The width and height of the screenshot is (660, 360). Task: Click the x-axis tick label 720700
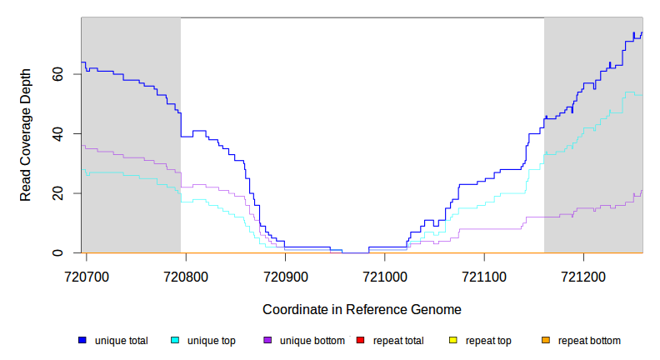tap(86, 273)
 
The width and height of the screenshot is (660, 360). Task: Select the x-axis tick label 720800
tap(186, 273)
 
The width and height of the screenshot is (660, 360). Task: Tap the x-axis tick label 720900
tap(285, 273)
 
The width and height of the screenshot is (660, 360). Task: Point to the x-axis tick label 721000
tap(385, 273)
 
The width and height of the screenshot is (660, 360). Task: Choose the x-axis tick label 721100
tap(484, 273)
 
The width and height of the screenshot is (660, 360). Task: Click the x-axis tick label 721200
tap(583, 273)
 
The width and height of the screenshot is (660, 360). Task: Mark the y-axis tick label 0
tap(57, 253)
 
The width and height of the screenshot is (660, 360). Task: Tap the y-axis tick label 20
tap(54, 193)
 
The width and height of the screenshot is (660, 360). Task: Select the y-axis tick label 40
tap(54, 133)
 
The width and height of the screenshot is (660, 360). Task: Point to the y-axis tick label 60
tap(54, 74)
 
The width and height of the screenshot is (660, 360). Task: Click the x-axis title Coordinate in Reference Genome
tap(362, 309)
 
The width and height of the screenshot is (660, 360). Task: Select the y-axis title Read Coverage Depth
tap(26, 135)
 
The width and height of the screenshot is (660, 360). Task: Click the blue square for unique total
tap(82, 340)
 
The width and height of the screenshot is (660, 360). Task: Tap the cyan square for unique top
tap(175, 340)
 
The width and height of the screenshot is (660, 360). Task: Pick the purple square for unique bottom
tap(267, 340)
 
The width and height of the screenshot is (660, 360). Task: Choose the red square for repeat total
tap(360, 340)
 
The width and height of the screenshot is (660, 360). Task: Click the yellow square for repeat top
tap(452, 340)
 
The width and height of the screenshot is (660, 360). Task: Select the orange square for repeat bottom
tap(545, 340)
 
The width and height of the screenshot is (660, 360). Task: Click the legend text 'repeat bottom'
tap(589, 341)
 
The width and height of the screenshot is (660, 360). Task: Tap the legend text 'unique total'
tap(122, 341)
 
